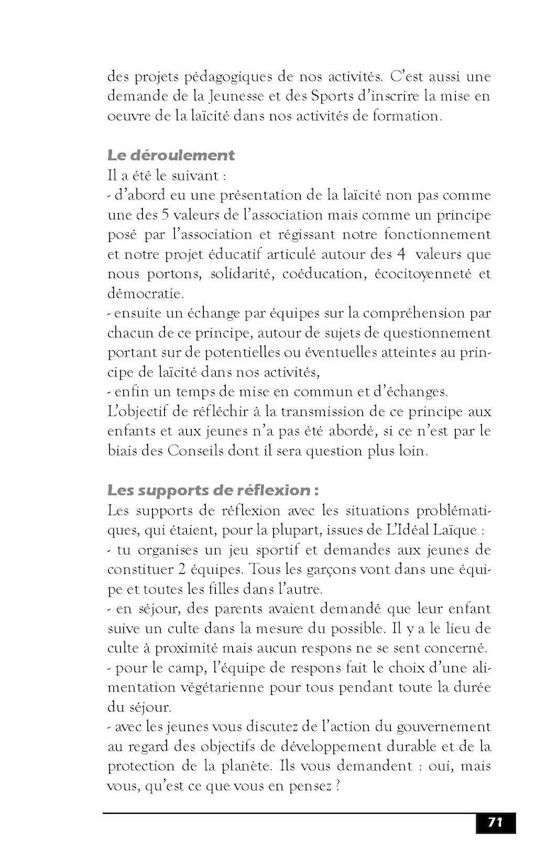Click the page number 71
pyautogui.click(x=495, y=822)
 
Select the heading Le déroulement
pyautogui.click(x=171, y=154)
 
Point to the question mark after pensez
pyautogui.click(x=339, y=784)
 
